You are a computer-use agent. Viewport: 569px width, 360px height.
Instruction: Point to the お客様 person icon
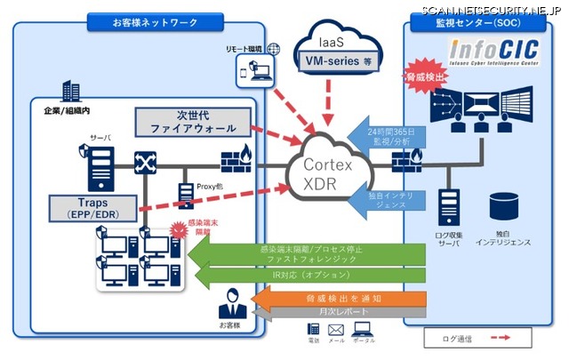coord(229,303)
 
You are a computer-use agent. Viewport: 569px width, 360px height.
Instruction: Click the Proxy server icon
coord(187,195)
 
